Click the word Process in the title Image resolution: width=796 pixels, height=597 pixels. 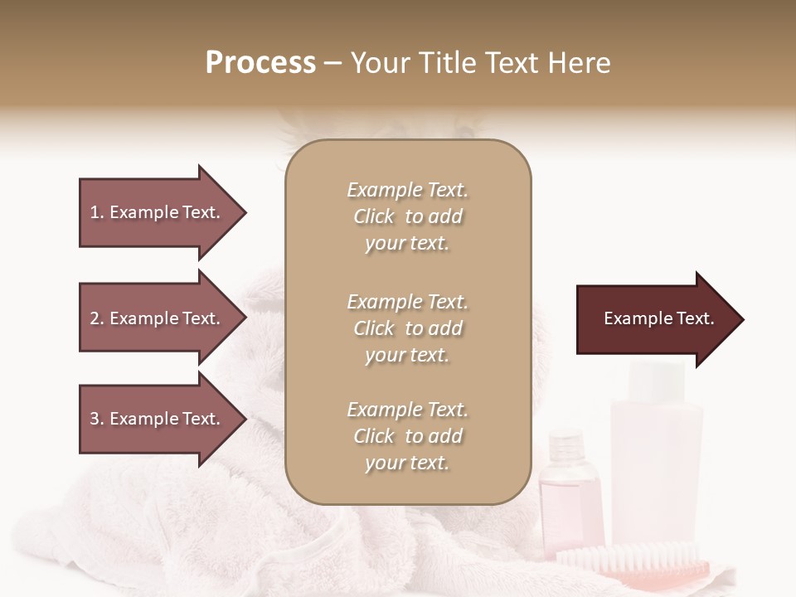pyautogui.click(x=260, y=63)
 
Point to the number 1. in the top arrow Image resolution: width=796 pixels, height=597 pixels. pyautogui.click(x=96, y=212)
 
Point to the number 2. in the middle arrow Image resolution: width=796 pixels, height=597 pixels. pyautogui.click(x=96, y=318)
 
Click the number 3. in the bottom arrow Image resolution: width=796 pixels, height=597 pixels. pyautogui.click(x=96, y=419)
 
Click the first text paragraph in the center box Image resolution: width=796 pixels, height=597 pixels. pyautogui.click(x=407, y=216)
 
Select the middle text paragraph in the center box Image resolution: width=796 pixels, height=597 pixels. pyautogui.click(x=407, y=328)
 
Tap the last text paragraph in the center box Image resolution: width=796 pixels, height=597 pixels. pyautogui.click(x=407, y=436)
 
